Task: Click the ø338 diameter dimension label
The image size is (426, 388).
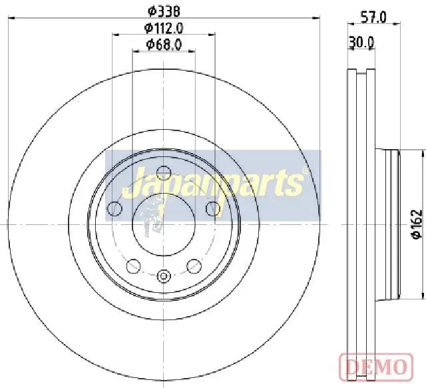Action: [164, 11]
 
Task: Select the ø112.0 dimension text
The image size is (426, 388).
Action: [164, 28]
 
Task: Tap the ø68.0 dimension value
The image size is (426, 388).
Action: [164, 45]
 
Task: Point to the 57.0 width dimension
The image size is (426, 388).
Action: [373, 18]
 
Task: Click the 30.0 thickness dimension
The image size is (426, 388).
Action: [361, 43]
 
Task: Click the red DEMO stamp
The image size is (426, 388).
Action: [376, 366]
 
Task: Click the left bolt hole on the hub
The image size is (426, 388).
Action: [114, 209]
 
